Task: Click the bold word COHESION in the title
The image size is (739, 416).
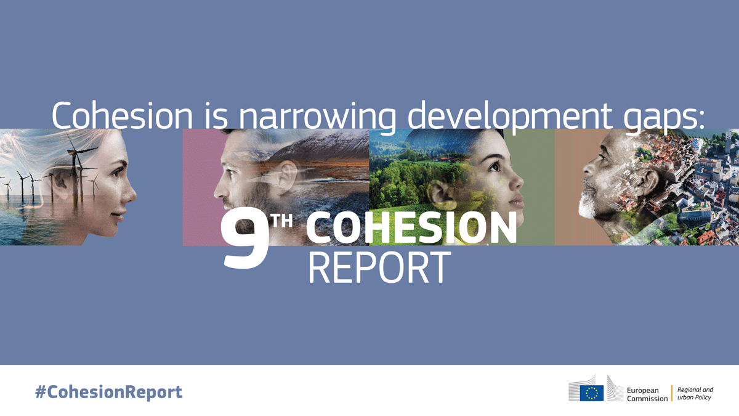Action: (x=411, y=229)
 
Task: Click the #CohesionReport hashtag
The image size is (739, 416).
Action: (x=108, y=392)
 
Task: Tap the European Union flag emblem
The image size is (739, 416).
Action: (x=591, y=393)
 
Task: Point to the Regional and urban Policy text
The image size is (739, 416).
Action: (x=695, y=393)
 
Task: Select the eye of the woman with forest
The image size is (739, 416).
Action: (x=496, y=166)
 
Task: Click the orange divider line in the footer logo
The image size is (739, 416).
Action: (x=672, y=393)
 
